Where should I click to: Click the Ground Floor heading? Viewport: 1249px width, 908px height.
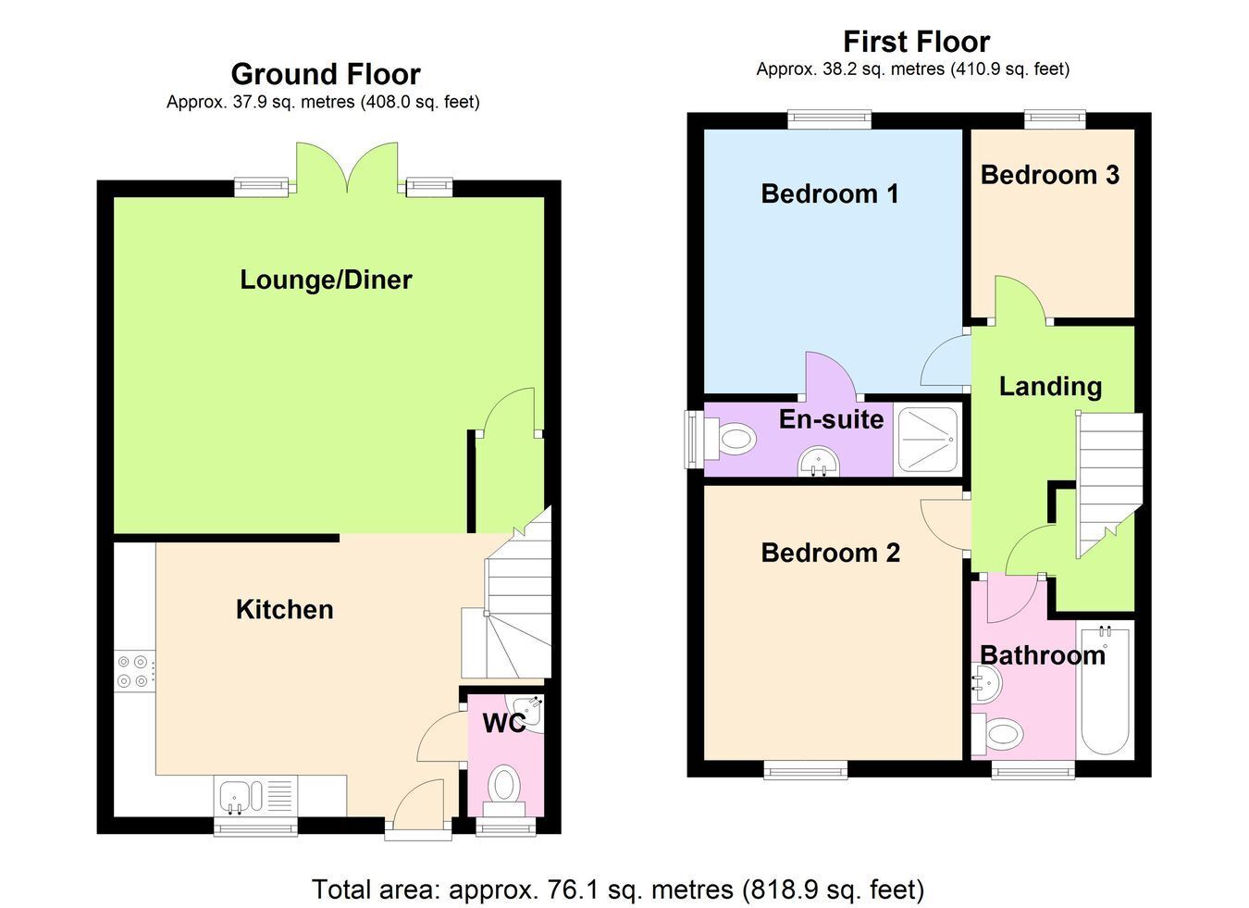(326, 74)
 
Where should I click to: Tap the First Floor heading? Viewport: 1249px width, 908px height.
(916, 42)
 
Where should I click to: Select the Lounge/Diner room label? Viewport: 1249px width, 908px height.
(326, 280)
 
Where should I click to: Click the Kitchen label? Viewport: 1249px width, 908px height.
(284, 610)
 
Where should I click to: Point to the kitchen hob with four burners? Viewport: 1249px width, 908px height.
(134, 672)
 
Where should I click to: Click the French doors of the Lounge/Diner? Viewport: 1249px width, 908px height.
(347, 168)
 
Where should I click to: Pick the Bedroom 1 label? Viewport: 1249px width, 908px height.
(830, 194)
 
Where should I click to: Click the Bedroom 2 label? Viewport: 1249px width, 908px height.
(830, 554)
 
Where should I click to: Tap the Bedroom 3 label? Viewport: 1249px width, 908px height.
(1050, 175)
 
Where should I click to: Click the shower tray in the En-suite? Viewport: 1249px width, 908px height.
(928, 441)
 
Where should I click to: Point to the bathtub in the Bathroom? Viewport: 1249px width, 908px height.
(1107, 690)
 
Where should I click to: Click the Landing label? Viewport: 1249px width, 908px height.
(1050, 387)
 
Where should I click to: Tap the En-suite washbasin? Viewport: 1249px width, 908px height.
(819, 463)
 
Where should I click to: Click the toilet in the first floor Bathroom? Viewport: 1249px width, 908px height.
(997, 733)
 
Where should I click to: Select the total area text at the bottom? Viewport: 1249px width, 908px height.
(618, 889)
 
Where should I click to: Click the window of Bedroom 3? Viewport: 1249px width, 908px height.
(1055, 119)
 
